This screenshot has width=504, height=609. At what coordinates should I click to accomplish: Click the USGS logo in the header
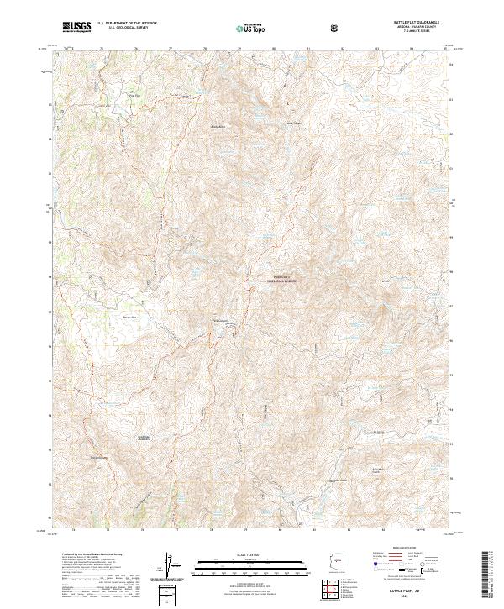click(x=77, y=28)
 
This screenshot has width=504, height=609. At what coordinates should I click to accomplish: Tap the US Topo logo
click(x=251, y=28)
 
